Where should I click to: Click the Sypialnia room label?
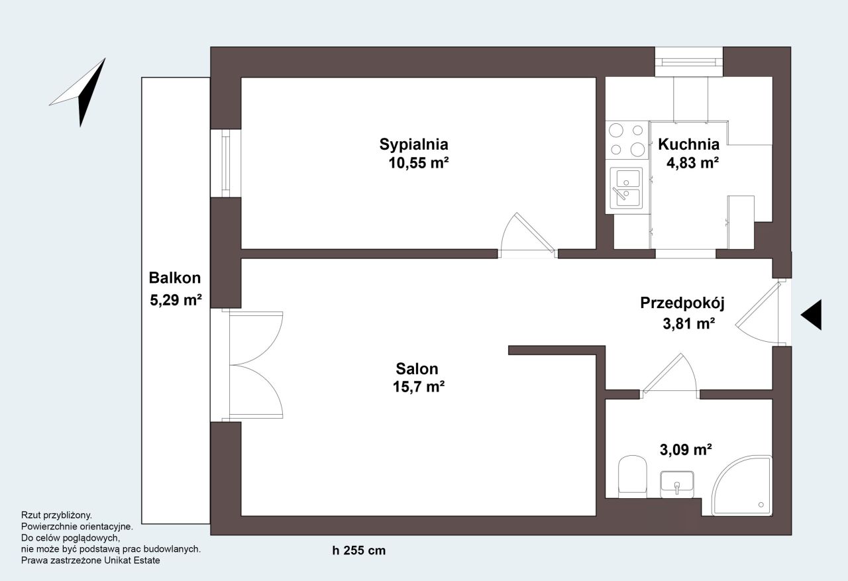pyautogui.click(x=414, y=144)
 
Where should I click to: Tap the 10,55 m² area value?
pyautogui.click(x=419, y=163)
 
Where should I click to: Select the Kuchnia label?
pyautogui.click(x=688, y=144)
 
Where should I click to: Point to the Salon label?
pyautogui.click(x=417, y=368)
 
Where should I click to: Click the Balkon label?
pyautogui.click(x=174, y=278)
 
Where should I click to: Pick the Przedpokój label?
pyautogui.click(x=682, y=303)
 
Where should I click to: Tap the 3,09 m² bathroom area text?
pyautogui.click(x=686, y=450)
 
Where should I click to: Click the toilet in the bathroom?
pyautogui.click(x=632, y=476)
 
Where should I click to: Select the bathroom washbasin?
pyautogui.click(x=677, y=484)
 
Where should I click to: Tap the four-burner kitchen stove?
pyautogui.click(x=627, y=140)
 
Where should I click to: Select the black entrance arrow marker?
pyautogui.click(x=811, y=315)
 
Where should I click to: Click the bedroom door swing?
pyautogui.click(x=528, y=235)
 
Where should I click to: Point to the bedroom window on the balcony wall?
pyautogui.click(x=226, y=163)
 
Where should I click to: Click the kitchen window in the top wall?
pyautogui.click(x=689, y=62)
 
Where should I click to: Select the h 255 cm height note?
pyautogui.click(x=359, y=551)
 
